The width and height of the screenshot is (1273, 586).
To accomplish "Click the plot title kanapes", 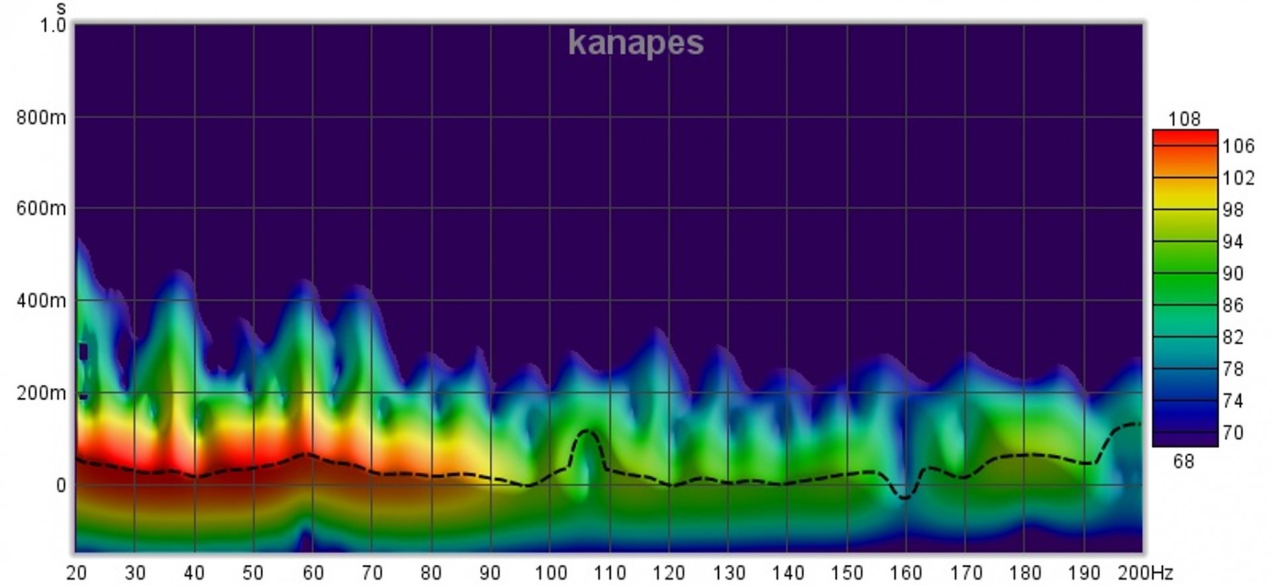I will (635, 43).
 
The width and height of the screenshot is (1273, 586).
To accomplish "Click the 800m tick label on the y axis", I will (41, 118).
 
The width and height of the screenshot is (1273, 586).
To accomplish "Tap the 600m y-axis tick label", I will (41, 209).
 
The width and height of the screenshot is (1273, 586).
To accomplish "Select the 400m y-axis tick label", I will (41, 301).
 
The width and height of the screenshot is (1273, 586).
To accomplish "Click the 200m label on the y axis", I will (41, 393).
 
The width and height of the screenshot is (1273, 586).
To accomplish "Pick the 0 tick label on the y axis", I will (60, 486).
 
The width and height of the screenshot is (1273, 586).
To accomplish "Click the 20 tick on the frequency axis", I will (76, 572).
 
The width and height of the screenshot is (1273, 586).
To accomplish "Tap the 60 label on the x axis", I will (312, 572).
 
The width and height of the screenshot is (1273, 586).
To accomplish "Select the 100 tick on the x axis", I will (550, 572).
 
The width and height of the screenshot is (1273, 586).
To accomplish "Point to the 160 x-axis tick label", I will (906, 572).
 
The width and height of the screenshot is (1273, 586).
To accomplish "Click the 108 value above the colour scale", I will (1184, 119).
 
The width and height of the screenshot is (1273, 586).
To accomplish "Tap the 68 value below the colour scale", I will (1183, 461).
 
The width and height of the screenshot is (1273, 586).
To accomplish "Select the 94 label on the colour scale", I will (1233, 242).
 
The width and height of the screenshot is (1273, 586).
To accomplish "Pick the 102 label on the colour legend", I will (1238, 178).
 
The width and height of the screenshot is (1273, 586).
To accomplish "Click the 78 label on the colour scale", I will (1233, 369).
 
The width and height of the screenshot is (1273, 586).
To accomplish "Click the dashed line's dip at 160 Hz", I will (905, 497).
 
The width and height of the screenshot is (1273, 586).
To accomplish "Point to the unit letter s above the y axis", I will (61, 9).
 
